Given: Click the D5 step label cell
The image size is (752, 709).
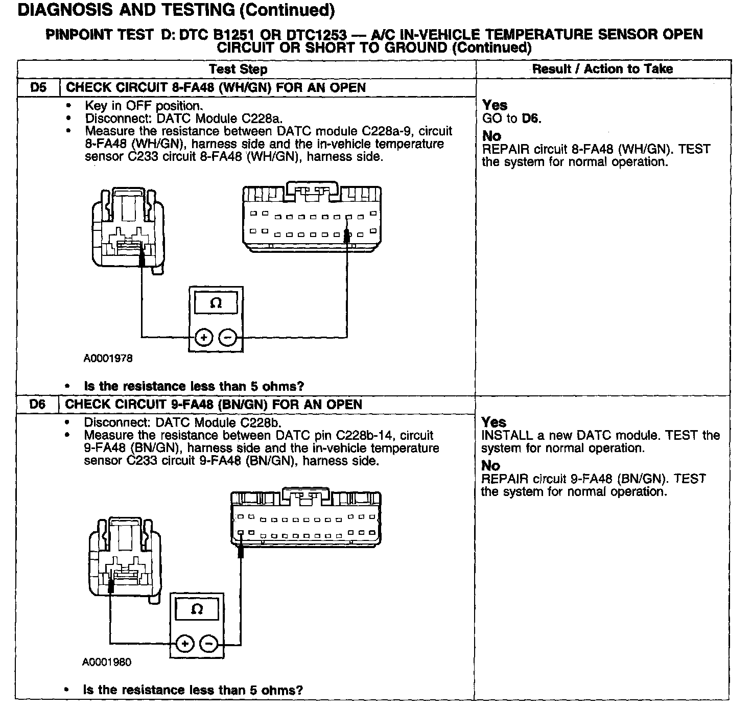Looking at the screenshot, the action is pos(38,87).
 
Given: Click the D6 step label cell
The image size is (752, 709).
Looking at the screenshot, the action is pos(37,405).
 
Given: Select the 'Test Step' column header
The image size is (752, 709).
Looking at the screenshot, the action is pos(238,69).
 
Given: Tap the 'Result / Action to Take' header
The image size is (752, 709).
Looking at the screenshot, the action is pos(602,69).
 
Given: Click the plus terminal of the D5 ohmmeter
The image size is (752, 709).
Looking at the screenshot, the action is pos(203,337).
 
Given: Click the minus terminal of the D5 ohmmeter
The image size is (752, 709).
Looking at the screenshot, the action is pos(228,337).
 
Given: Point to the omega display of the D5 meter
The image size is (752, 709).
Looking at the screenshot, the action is pos(216,303).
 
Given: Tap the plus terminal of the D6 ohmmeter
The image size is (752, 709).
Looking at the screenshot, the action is pos(185,643).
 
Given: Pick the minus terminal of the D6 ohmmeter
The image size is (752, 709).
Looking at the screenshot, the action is pos(208,643).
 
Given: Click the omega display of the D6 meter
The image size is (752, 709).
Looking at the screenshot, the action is pos(197,609).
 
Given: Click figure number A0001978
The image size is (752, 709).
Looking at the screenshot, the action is pos(108,359).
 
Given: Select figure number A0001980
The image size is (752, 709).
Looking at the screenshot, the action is pos(107,662).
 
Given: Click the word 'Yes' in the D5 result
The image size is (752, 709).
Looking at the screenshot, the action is pos(495,105).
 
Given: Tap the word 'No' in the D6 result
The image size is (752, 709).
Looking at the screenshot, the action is pos(490,465).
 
